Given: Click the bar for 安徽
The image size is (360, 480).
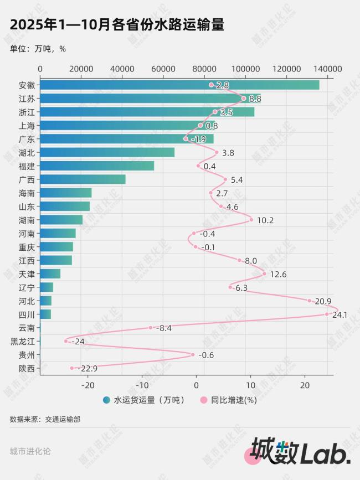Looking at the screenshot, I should tap(179, 85).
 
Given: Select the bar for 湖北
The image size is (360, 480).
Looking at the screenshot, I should tap(107, 152).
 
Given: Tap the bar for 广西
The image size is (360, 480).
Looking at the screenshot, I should tap(83, 179).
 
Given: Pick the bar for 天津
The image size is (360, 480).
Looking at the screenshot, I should tap(50, 273).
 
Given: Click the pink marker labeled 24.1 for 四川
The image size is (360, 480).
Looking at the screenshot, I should tap(327, 314).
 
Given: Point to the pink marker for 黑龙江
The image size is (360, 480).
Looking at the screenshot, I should tap(66, 341).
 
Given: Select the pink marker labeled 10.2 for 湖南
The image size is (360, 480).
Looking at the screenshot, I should tap(251, 220).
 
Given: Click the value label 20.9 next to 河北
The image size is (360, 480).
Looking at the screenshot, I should tap(323, 301).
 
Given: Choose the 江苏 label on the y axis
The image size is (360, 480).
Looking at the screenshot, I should tap(27, 99).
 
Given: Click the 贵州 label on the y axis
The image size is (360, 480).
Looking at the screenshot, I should tap(27, 355).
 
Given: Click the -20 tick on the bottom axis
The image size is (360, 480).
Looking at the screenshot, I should tap(88, 385).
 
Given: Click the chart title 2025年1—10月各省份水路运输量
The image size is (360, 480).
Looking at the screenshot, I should tap(117, 25).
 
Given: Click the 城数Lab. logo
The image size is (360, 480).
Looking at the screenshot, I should tap(299, 451).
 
